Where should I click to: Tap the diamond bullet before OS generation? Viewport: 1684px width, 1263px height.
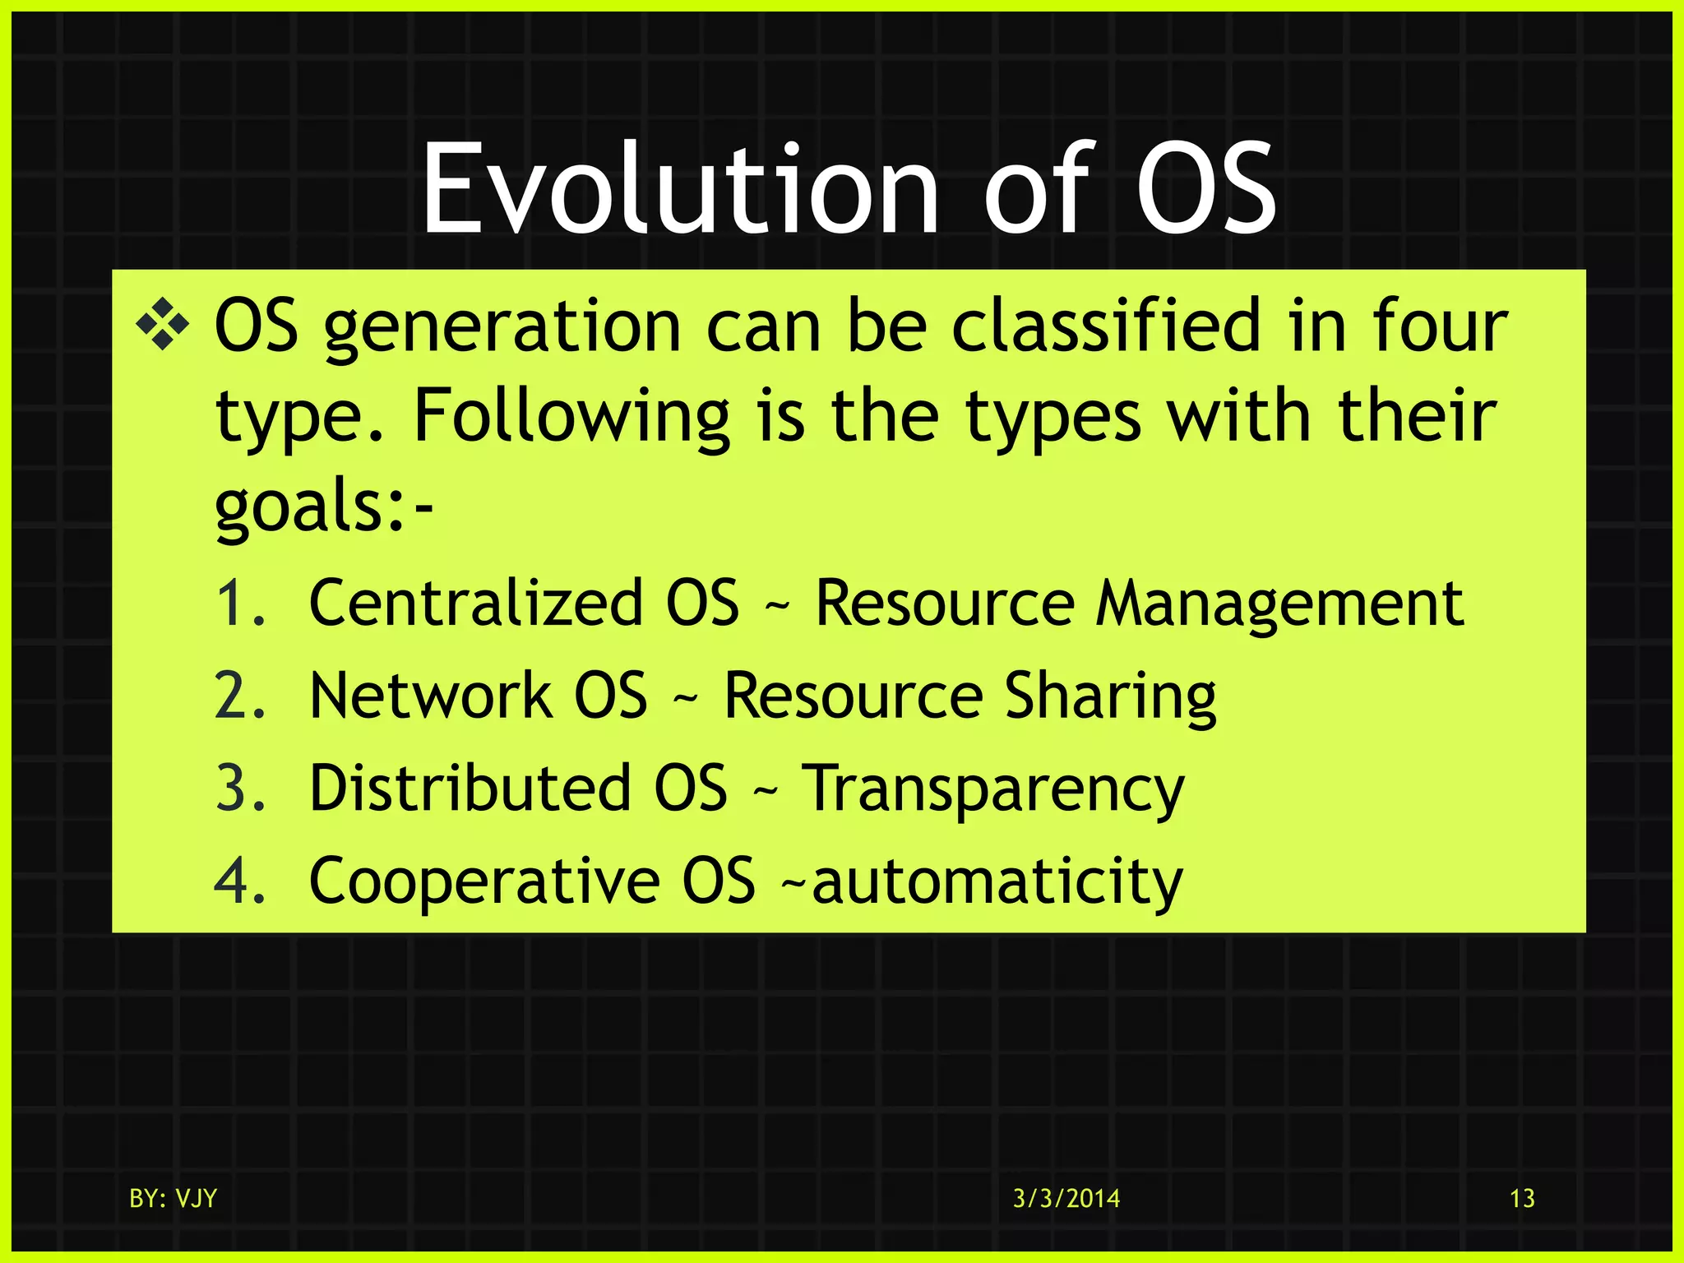[162, 326]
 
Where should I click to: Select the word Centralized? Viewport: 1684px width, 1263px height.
[475, 604]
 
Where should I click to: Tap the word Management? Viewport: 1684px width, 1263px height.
[1279, 604]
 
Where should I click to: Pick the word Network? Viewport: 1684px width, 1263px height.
[430, 696]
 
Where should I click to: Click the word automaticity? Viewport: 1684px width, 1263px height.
[997, 881]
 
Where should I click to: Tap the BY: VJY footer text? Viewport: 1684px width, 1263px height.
[173, 1198]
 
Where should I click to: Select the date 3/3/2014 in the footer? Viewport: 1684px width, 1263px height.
[1066, 1198]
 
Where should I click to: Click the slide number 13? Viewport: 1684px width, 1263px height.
[1522, 1198]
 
